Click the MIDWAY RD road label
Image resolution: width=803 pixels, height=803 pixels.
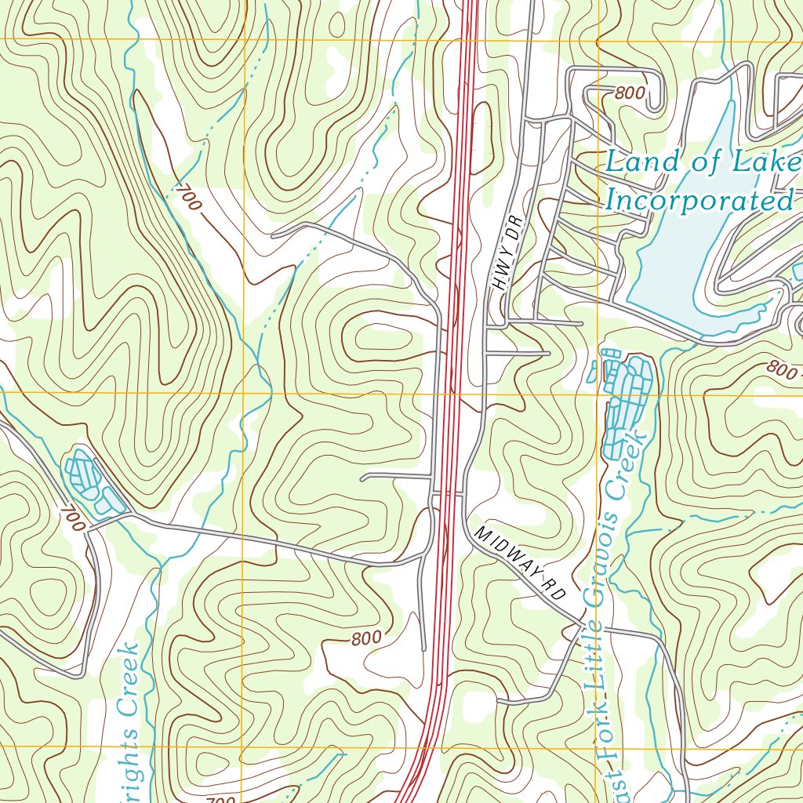pyautogui.click(x=520, y=563)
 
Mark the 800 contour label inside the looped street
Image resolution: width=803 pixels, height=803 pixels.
pyautogui.click(x=630, y=93)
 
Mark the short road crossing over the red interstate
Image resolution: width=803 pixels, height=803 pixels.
pyautogui.click(x=447, y=494)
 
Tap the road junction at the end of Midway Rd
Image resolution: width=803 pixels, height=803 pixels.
pyautogui.click(x=581, y=625)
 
